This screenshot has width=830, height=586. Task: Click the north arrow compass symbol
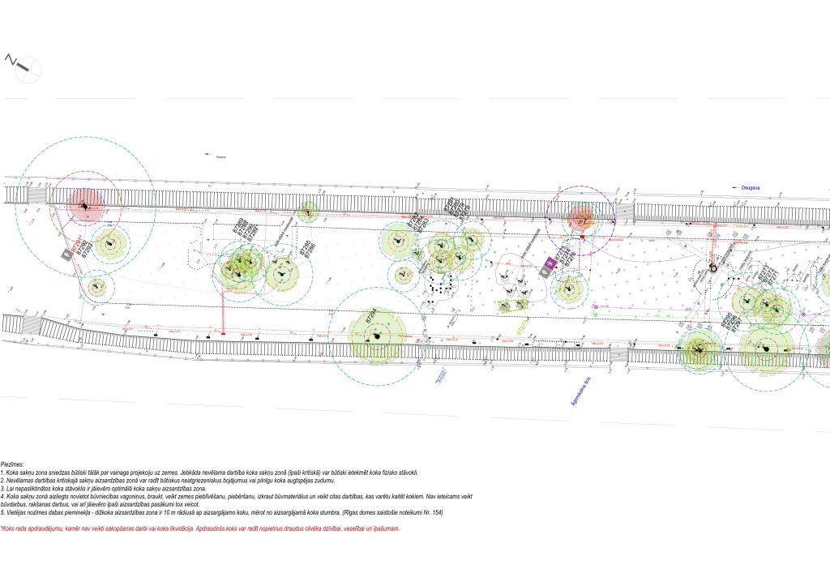19,64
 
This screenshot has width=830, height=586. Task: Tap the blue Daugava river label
750,187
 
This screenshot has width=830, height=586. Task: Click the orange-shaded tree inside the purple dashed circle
580,216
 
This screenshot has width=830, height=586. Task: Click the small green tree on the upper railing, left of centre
306,212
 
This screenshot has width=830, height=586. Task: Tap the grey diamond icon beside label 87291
66,255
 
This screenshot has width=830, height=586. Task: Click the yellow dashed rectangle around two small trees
511,306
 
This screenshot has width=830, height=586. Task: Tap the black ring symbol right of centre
713,267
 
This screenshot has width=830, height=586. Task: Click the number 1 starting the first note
2,473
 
